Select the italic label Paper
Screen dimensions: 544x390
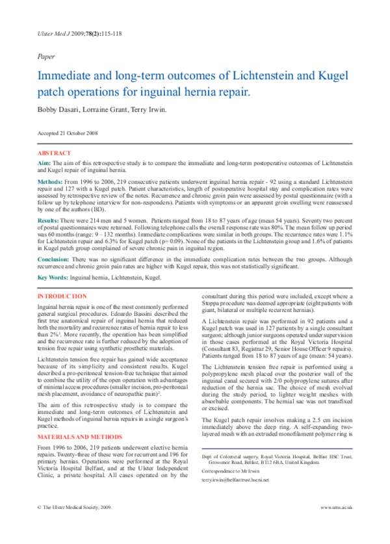pyautogui.click(x=46, y=57)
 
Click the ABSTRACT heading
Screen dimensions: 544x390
pyautogui.click(x=55, y=153)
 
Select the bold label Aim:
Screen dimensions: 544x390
pyautogui.click(x=44, y=163)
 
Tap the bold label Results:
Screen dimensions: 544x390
pyautogui.click(x=49, y=221)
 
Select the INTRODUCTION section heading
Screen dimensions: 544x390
pyautogui.click(x=66, y=296)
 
